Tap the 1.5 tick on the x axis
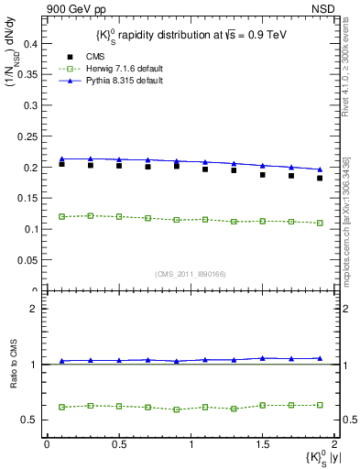(x=262, y=444)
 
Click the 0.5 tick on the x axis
(x=118, y=444)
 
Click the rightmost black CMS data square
(x=320, y=178)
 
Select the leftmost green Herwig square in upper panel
(x=61, y=216)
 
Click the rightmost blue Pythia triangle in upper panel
(x=320, y=169)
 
